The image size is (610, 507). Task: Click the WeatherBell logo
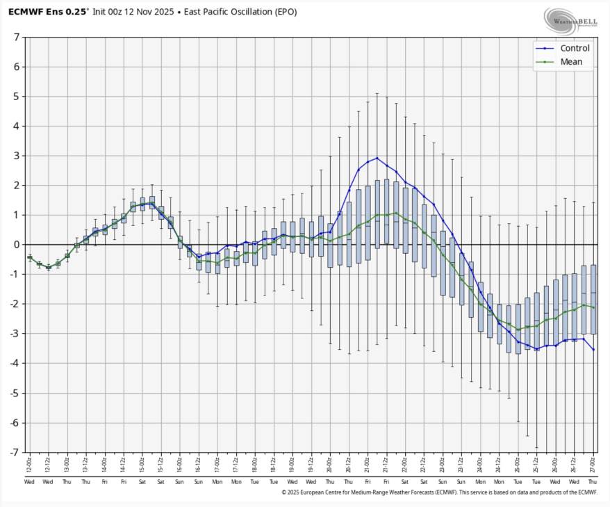pyautogui.click(x=570, y=21)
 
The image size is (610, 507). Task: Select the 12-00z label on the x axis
pyautogui.click(x=29, y=465)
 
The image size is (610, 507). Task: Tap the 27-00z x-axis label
pyautogui.click(x=593, y=465)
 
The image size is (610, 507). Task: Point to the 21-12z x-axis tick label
pyautogui.click(x=386, y=465)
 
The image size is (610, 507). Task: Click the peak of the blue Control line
pyautogui.click(x=377, y=158)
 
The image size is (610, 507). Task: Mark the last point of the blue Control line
pyautogui.click(x=593, y=349)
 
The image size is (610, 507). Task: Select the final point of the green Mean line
pyautogui.click(x=593, y=307)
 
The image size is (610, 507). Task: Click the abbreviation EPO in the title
pyautogui.click(x=303, y=12)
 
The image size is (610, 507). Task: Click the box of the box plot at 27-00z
pyautogui.click(x=593, y=299)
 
